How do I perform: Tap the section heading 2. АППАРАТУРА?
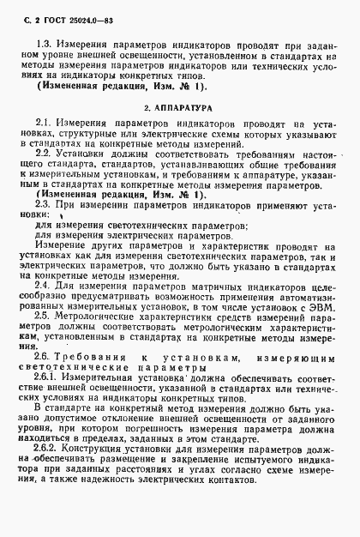[x=178, y=108]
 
